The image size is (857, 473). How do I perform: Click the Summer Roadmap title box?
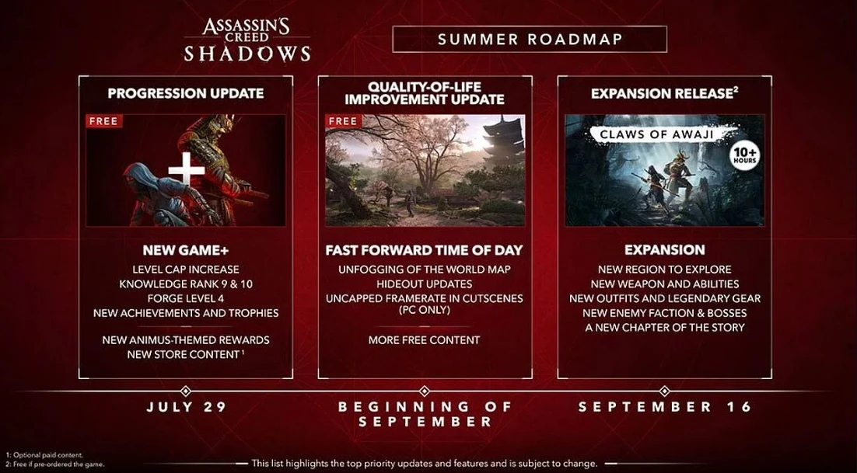(x=529, y=40)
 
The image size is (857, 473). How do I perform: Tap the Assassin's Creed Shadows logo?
(x=247, y=40)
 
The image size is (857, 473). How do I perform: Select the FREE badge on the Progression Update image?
(x=104, y=121)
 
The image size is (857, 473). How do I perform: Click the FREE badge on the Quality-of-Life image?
(x=343, y=121)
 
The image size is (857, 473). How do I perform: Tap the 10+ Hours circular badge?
(x=744, y=156)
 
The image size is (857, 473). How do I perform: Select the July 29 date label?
(x=186, y=407)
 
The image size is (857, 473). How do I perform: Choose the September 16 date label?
(x=665, y=407)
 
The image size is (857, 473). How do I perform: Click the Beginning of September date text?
(x=425, y=414)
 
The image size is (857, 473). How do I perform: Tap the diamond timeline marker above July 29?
(x=186, y=391)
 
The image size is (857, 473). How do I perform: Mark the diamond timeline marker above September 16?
(x=665, y=391)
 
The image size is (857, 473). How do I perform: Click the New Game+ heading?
(x=186, y=250)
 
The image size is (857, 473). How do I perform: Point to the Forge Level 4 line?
(x=186, y=298)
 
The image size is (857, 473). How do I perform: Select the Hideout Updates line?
(x=425, y=283)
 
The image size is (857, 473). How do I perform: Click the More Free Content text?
(x=424, y=340)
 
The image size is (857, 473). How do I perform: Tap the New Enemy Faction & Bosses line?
(x=665, y=313)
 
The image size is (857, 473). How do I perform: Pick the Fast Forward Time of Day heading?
(x=424, y=250)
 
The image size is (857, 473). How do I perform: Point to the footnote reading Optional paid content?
(x=44, y=454)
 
